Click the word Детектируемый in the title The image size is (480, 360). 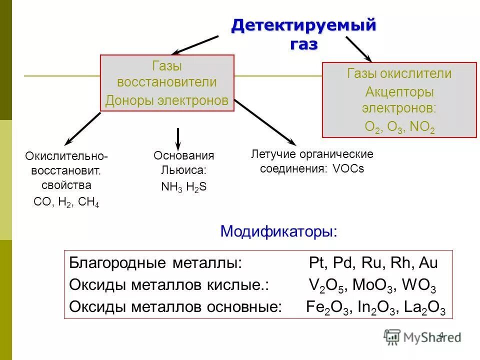coord(303,25)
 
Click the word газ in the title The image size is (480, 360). coord(303,44)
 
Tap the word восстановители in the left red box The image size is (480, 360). coord(167,82)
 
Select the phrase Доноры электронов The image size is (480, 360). coord(167,101)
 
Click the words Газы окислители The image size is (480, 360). coord(399,73)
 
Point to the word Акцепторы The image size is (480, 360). coord(399,92)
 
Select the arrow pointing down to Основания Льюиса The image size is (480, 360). coord(177,138)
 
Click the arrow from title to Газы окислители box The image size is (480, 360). coord(357,49)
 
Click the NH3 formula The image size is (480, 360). coord(171,187)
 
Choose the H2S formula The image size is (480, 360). coord(196,187)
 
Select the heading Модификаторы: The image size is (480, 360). coord(279,231)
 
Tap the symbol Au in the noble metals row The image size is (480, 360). coord(429,263)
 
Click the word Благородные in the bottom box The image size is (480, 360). coord(109,263)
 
